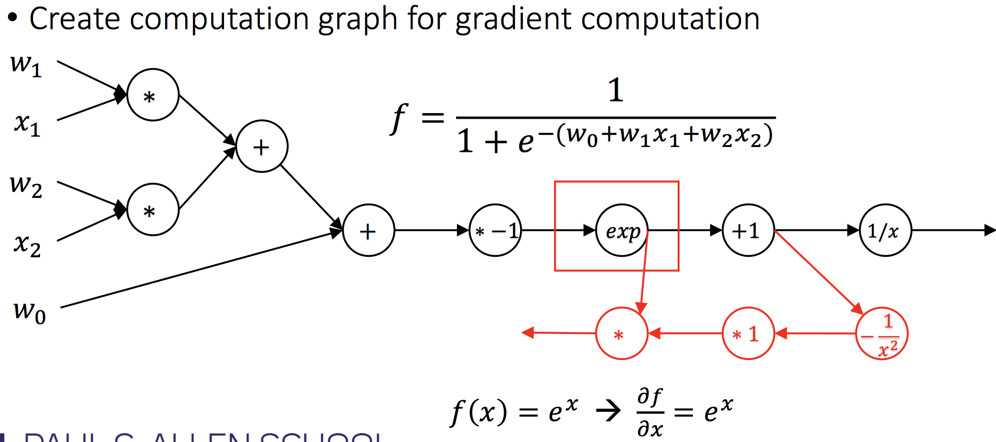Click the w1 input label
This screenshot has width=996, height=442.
coord(26,65)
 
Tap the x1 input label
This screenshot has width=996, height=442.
coord(27,125)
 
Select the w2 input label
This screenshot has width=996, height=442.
coord(26,186)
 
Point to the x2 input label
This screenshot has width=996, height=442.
coord(27,245)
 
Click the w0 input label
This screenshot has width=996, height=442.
coord(30,312)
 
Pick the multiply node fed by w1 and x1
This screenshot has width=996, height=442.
coord(153,95)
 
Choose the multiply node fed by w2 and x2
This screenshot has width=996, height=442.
coord(153,210)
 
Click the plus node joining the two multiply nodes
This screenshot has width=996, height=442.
coord(262,147)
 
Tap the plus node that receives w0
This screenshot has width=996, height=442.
coord(368,230)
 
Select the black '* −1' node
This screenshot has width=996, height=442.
coord(495,230)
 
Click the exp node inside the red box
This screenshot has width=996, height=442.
coord(622,230)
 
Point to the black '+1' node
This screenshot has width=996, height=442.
coord(748,230)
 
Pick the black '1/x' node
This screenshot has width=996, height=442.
coord(885,230)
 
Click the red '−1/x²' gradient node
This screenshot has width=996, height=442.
coord(881,334)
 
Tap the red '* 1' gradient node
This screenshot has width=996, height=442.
coord(748,334)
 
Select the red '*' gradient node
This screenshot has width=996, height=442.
coord(622,334)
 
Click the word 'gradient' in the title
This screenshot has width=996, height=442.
coord(513,20)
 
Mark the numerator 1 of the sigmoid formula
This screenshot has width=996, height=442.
coord(615,90)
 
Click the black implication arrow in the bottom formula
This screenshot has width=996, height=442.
coord(608,411)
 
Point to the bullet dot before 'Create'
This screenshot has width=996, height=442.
coord(13,18)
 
